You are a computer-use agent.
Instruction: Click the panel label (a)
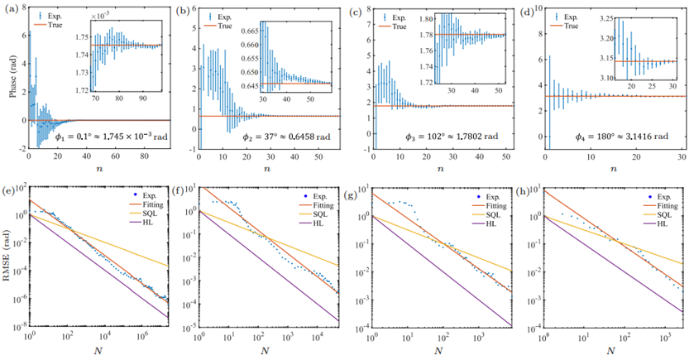(x=9, y=11)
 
